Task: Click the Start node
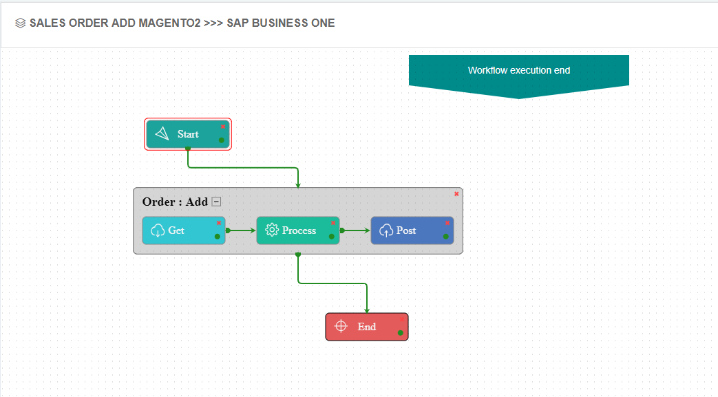tap(187, 134)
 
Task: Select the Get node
tap(183, 230)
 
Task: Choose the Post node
tap(412, 230)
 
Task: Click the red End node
tap(366, 327)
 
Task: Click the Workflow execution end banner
tap(519, 71)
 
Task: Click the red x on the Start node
tap(223, 126)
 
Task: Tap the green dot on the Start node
tap(222, 140)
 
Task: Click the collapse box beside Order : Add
tap(216, 202)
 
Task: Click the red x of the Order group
tap(456, 194)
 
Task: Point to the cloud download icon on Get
tap(158, 230)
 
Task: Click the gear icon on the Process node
tap(272, 230)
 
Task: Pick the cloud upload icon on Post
tap(386, 230)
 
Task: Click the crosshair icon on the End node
tap(341, 326)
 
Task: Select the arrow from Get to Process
tap(241, 230)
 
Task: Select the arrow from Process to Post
tap(355, 230)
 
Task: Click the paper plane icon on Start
tap(162, 133)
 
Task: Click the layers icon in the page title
tap(21, 23)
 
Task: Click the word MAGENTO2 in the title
tap(169, 23)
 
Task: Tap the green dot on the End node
tap(401, 333)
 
